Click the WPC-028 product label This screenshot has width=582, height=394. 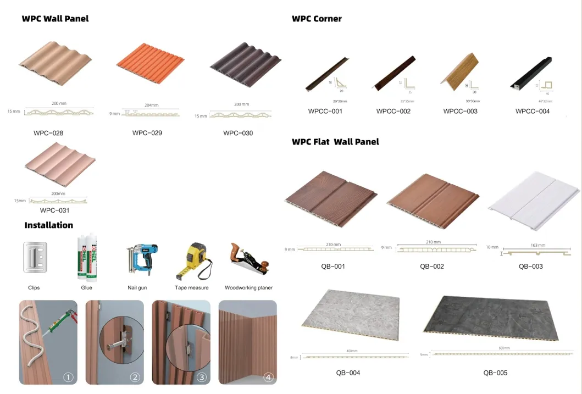click(48, 133)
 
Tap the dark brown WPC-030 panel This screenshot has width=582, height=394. click(245, 66)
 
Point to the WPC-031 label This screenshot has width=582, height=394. click(55, 210)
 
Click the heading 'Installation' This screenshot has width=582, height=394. click(49, 225)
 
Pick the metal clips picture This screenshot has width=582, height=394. click(34, 257)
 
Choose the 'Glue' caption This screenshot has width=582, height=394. click(87, 287)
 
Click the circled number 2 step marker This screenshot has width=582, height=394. click(135, 377)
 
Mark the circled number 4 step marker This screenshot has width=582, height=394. click(268, 377)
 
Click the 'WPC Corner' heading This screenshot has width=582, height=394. click(317, 19)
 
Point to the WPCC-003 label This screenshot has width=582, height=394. click(461, 112)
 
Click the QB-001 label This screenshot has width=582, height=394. click(333, 267)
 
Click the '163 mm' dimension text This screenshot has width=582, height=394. click(537, 245)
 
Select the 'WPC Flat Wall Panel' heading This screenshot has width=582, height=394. click(335, 142)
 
